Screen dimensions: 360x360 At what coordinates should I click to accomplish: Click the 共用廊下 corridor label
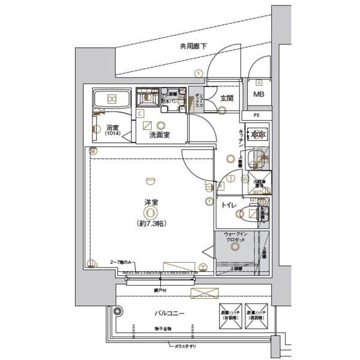194,46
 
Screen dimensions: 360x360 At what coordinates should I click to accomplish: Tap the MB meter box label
259,95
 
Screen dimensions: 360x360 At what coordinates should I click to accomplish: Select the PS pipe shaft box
257,115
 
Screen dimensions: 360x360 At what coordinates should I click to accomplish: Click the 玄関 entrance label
226,98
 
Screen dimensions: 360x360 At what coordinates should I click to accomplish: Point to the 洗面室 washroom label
159,135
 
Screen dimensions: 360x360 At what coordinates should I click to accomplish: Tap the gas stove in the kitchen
259,134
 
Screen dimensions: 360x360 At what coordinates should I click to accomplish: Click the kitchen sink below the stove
259,158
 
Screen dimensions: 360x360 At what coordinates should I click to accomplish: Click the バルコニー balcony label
169,314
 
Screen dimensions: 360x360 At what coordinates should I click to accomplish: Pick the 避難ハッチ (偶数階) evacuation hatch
259,317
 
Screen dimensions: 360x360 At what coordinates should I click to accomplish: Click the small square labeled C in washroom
140,113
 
